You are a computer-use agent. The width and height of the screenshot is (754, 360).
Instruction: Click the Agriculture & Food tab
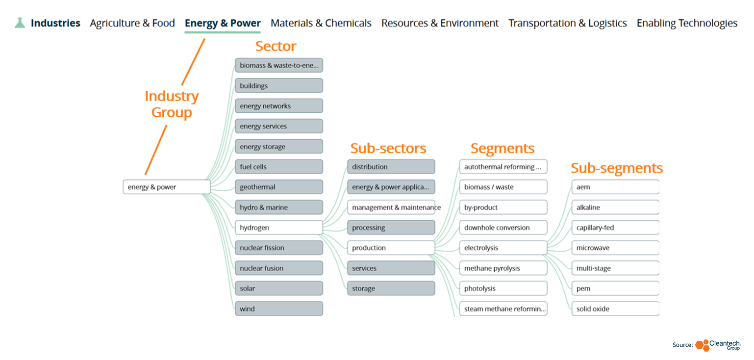coord(132,23)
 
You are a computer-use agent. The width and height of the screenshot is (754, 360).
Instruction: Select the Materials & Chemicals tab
coord(321,23)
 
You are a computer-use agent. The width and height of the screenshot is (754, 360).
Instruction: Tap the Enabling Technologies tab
coord(687,23)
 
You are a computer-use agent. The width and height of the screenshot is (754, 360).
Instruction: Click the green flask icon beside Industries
coord(20,23)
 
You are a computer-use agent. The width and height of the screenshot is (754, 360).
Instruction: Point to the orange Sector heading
coord(276,46)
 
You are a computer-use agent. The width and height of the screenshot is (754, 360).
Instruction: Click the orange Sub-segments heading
coord(617,168)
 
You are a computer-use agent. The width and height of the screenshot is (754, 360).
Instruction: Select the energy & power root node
coord(167,187)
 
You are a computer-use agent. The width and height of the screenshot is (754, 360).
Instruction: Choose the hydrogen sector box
coord(279,227)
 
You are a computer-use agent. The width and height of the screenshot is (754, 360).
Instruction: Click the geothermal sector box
coord(279,187)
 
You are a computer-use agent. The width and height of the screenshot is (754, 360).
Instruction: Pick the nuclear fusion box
coord(279,268)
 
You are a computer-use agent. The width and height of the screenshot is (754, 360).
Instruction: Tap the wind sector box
coord(279,309)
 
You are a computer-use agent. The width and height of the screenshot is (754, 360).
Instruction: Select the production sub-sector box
coord(391,248)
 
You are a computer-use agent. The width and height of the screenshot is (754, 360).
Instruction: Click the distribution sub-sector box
coord(391,167)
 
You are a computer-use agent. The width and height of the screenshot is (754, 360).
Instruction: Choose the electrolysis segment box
coord(503,248)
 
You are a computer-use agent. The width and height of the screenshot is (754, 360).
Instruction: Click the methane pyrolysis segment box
coord(503,268)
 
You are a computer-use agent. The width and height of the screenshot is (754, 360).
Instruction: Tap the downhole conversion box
coord(503,227)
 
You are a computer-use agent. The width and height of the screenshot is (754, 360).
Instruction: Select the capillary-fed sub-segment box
coord(615,227)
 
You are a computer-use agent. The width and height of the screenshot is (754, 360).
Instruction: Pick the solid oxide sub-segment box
coord(615,309)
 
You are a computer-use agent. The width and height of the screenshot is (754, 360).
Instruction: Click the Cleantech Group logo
coord(718,345)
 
